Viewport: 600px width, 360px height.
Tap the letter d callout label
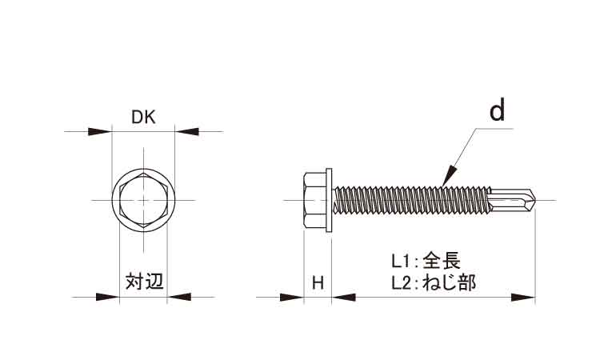click(x=498, y=111)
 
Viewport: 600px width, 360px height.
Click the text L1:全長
click(x=426, y=262)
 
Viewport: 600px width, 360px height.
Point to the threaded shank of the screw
click(x=408, y=198)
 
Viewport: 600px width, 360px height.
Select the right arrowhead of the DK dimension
click(x=186, y=130)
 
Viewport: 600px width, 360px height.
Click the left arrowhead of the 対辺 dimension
click(x=108, y=298)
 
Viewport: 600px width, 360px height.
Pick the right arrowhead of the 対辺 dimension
click(x=178, y=298)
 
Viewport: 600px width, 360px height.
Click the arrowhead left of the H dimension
click(x=294, y=298)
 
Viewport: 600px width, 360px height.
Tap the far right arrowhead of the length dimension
click(x=523, y=298)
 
